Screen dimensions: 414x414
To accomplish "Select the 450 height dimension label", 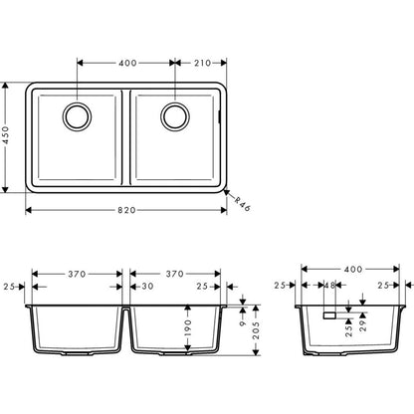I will point(8,136).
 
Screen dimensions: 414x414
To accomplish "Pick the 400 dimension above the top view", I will point(127,63).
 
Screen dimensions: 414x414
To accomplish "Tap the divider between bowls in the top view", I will point(126,136).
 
